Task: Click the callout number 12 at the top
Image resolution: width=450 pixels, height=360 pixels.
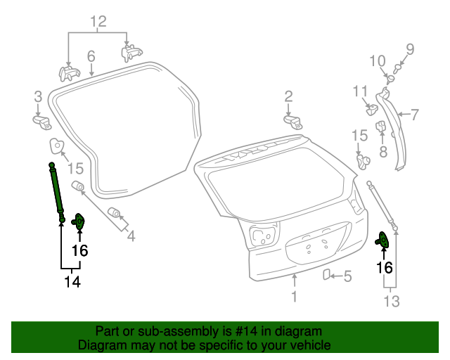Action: coord(98,21)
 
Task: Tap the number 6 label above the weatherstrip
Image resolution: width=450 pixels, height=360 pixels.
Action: coord(91,56)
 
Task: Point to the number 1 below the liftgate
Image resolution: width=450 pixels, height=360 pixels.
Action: coord(294,297)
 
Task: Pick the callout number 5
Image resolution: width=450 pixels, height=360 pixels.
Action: coord(347,276)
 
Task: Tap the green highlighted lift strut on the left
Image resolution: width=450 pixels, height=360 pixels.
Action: coord(56,190)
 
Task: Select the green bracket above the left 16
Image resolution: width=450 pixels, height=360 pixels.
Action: coord(79,222)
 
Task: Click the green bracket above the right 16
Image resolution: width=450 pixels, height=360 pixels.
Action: coord(385,240)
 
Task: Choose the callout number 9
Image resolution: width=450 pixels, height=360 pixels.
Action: coord(410,49)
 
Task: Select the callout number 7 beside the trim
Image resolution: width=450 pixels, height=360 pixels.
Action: coord(414,113)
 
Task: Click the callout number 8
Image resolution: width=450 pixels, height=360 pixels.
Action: coord(383,150)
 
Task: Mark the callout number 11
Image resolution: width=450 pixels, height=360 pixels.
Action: coord(360,91)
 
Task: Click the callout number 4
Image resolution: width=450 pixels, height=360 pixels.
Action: coord(131,236)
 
